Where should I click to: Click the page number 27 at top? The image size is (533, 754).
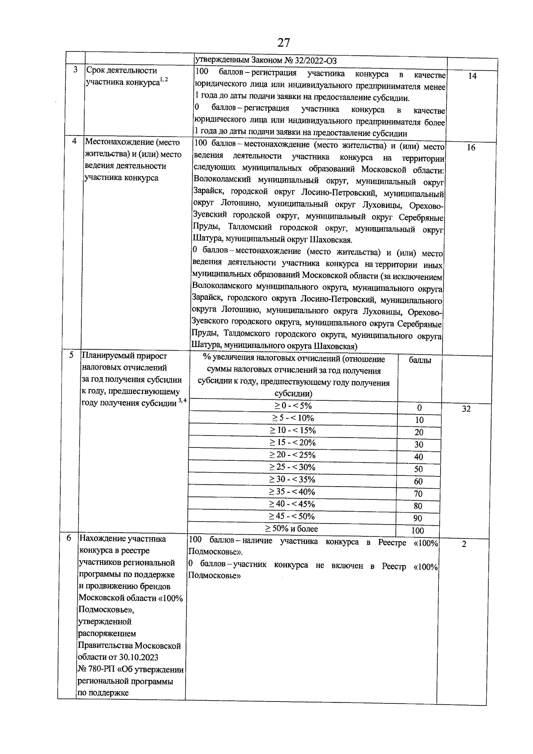(283, 43)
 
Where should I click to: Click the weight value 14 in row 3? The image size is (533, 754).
(472, 76)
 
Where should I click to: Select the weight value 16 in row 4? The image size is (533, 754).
(471, 148)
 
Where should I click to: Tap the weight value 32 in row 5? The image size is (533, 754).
(466, 409)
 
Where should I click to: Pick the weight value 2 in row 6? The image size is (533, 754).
(464, 544)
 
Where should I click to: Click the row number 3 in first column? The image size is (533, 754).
(76, 70)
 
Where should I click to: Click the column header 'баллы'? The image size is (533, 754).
(420, 360)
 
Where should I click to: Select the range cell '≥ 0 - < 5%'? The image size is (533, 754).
(293, 406)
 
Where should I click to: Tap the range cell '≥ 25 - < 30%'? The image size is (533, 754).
(293, 467)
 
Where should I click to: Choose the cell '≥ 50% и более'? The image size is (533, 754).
(291, 529)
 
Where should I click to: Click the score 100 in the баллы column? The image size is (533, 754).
(418, 531)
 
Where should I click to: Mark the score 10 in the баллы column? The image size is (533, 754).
(419, 420)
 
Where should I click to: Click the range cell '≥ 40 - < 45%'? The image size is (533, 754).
(293, 504)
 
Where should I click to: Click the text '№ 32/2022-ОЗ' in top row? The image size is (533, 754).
(312, 61)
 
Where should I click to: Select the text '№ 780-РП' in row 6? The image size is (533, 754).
(97, 670)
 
